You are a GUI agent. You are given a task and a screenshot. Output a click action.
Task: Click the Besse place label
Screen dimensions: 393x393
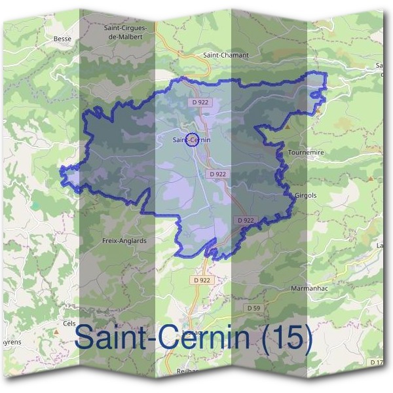click(x=62, y=39)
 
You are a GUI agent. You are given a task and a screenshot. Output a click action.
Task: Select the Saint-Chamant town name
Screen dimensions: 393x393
click(x=226, y=56)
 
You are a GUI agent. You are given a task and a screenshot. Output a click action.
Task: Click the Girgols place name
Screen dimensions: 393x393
click(x=306, y=195)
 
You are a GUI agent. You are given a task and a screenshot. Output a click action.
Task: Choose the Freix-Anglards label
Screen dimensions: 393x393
click(x=124, y=240)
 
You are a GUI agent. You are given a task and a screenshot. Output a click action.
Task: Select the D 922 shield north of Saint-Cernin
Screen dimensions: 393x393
click(x=200, y=103)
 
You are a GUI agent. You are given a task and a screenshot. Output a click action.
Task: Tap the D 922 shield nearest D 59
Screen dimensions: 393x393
click(x=203, y=280)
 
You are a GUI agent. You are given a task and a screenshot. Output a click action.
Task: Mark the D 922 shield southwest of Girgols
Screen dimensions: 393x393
click(x=246, y=220)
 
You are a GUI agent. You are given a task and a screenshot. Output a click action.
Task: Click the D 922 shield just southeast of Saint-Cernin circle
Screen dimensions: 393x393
click(x=218, y=174)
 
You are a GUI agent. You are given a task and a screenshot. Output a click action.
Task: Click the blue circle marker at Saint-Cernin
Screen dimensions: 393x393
click(x=192, y=139)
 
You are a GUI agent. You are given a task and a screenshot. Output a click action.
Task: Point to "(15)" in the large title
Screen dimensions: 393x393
click(x=284, y=338)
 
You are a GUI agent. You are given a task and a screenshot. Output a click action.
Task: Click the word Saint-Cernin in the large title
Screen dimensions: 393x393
click(x=162, y=338)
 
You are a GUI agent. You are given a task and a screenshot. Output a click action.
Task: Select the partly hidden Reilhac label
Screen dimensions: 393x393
click(x=184, y=370)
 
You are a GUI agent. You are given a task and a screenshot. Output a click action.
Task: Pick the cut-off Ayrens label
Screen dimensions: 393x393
click(x=12, y=342)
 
